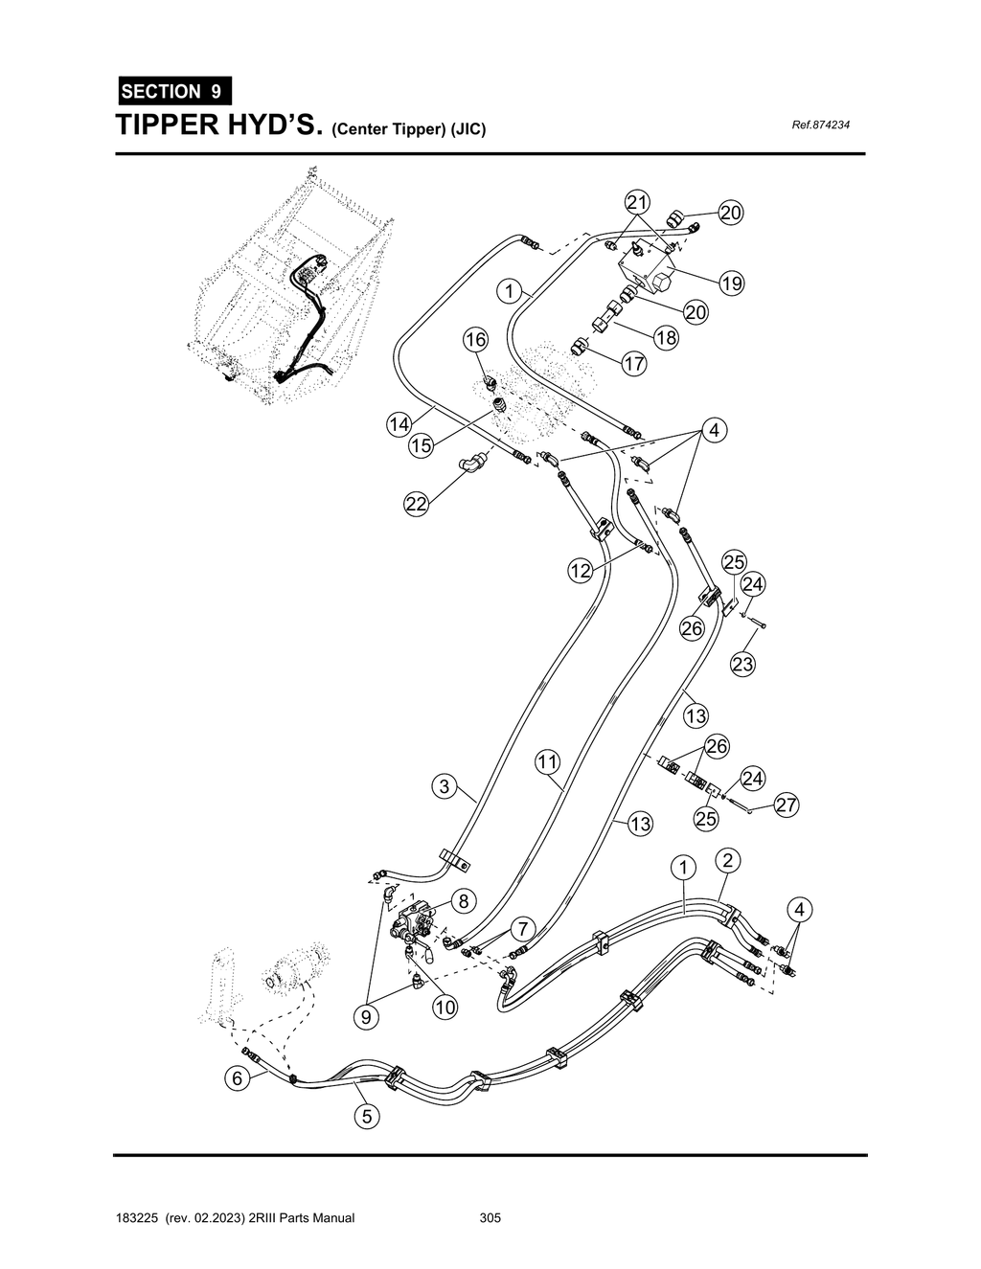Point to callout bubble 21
click(x=637, y=202)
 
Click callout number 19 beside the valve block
click(x=731, y=283)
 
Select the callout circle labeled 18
click(x=666, y=337)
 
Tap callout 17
click(x=634, y=364)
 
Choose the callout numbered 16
click(x=476, y=339)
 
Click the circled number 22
click(x=415, y=506)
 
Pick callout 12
click(x=581, y=572)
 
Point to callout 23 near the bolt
click(x=743, y=663)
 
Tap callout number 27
click(x=787, y=805)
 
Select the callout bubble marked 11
click(x=547, y=762)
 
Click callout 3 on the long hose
click(x=444, y=787)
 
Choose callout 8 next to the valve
click(x=463, y=901)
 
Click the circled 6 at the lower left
click(x=237, y=1077)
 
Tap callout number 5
click(x=366, y=1116)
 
